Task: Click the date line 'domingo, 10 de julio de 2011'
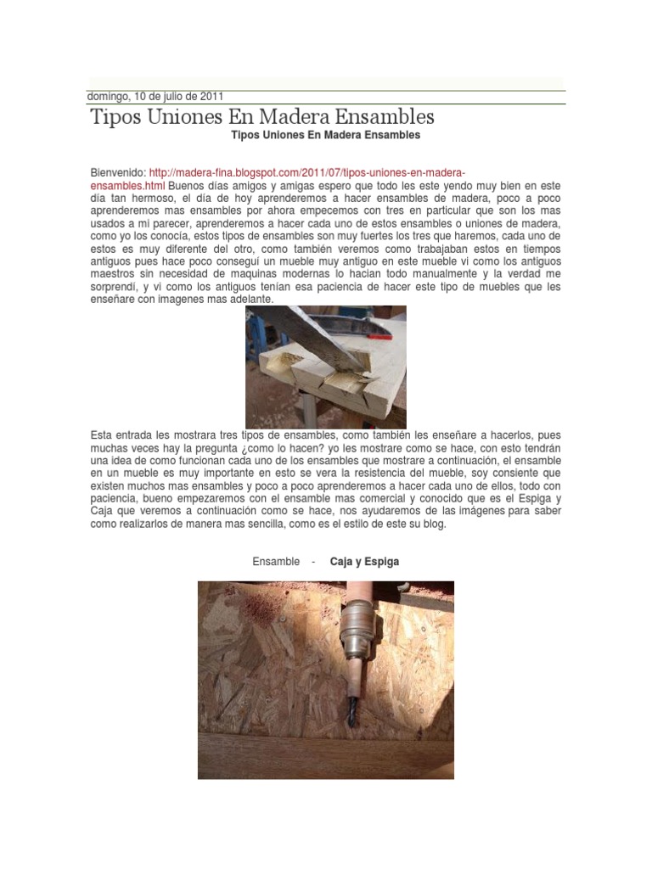click(155, 96)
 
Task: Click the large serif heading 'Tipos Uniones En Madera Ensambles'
click(262, 116)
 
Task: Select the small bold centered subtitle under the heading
click(325, 135)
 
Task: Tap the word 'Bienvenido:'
click(118, 172)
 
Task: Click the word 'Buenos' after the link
click(186, 185)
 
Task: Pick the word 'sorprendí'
click(113, 287)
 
